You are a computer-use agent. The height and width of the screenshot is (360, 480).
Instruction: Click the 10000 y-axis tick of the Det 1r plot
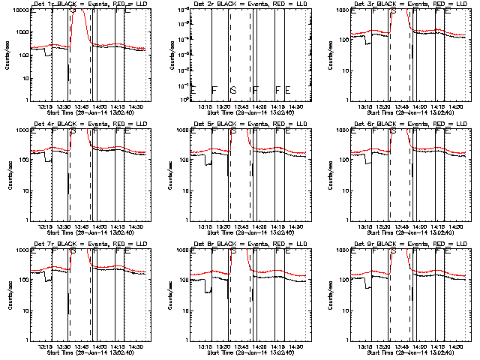pos(19,11)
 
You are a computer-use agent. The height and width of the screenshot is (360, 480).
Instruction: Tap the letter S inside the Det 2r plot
pos(233,90)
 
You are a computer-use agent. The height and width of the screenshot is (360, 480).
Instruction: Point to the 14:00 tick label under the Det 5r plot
pos(259,227)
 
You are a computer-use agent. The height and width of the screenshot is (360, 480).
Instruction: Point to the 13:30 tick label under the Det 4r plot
pos(62,227)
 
